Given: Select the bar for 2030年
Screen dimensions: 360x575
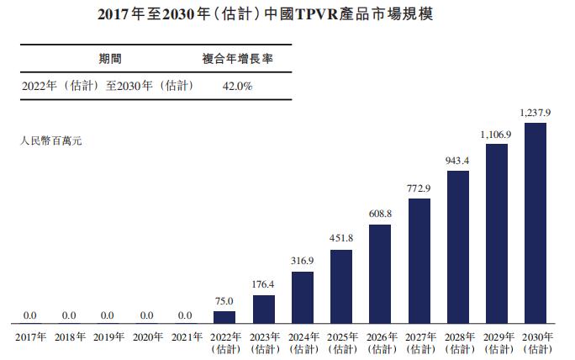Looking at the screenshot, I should coord(535,224).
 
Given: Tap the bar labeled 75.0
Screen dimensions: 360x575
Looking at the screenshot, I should coord(224,317).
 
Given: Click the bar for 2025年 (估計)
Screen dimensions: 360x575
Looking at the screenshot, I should coord(340,287).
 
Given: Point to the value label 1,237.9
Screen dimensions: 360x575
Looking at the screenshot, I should coord(535,113).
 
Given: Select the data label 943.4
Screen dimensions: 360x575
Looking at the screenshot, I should coord(457,160).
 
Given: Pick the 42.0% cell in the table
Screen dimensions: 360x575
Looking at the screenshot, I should coord(238,86).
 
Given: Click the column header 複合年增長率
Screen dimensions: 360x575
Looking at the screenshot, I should coord(237,59).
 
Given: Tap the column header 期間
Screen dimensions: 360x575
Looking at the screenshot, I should coord(112,59).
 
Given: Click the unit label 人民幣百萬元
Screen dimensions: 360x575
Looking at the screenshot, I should coord(50,140).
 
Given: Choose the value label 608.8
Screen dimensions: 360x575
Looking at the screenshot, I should coord(380,214).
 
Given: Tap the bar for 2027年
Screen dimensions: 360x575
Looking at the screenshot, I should coord(419,261).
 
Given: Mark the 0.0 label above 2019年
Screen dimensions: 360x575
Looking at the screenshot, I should coord(108,315).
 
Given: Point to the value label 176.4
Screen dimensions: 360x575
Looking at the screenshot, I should coord(263,283).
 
